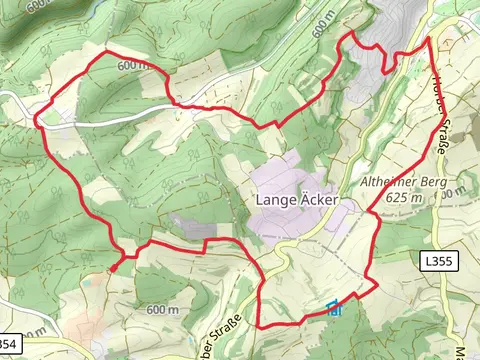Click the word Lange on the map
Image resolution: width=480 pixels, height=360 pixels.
pyautogui.click(x=277, y=200)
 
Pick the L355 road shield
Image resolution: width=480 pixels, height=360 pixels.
pyautogui.click(x=437, y=261)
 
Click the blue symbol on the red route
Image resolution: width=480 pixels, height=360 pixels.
pyautogui.click(x=334, y=308)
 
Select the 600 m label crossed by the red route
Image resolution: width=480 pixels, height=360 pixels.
pyautogui.click(x=134, y=65)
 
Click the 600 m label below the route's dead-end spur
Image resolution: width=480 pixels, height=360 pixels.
pyautogui.click(x=162, y=310)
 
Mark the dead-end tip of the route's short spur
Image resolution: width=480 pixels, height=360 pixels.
pyautogui.click(x=112, y=268)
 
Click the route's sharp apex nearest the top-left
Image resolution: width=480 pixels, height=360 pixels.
pyautogui.click(x=105, y=51)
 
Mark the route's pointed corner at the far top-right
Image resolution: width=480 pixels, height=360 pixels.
pyautogui.click(x=429, y=38)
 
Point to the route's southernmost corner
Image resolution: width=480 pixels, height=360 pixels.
pyautogui.click(x=261, y=326)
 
